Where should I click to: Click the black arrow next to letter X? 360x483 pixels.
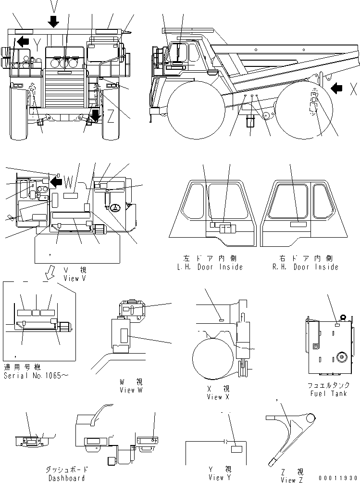[x=337, y=88]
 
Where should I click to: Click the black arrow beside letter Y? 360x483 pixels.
[x=22, y=42]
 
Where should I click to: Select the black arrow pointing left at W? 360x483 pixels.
[x=57, y=181]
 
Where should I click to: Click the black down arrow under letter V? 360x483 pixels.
[x=53, y=21]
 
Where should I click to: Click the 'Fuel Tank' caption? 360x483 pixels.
[x=328, y=394]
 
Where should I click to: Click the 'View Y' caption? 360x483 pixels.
[x=216, y=478]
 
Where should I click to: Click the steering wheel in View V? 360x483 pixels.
[x=115, y=208]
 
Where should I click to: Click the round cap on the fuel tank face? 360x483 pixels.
[x=342, y=356]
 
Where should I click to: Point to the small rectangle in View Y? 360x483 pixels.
[x=236, y=449]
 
